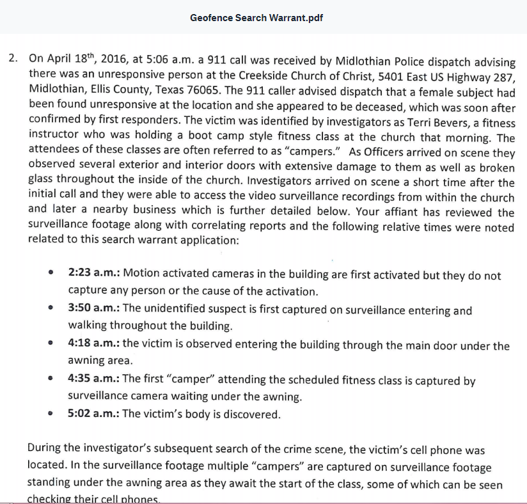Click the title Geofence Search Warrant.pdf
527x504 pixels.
click(256, 17)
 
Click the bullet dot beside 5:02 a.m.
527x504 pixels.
click(51, 414)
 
